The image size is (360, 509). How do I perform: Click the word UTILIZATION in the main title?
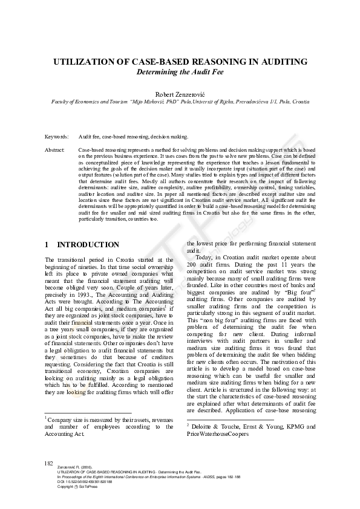click(83, 62)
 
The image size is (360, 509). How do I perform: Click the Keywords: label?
click(57, 137)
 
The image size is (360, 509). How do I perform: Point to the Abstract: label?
click(55, 149)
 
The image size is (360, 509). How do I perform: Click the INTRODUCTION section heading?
click(88, 245)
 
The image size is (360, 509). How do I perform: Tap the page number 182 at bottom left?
click(50, 462)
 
